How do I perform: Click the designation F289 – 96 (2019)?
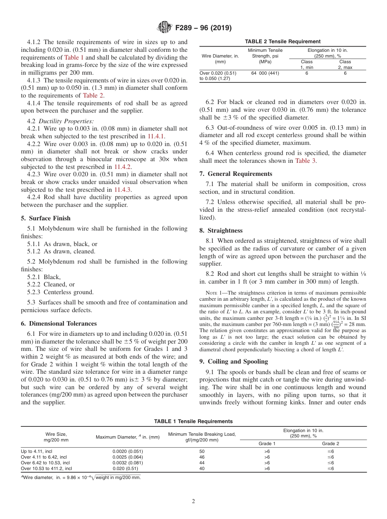click(203, 28)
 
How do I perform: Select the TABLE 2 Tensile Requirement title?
click(282, 41)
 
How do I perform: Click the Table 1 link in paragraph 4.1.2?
click(75, 57)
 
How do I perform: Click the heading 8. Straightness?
click(221, 230)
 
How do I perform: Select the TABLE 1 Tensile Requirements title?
click(193, 421)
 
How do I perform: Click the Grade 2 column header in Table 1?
click(330, 443)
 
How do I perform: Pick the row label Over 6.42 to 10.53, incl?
click(45, 463)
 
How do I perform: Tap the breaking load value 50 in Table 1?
click(202, 451)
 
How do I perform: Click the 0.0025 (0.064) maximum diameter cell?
click(128, 457)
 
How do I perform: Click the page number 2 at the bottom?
click(193, 501)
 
